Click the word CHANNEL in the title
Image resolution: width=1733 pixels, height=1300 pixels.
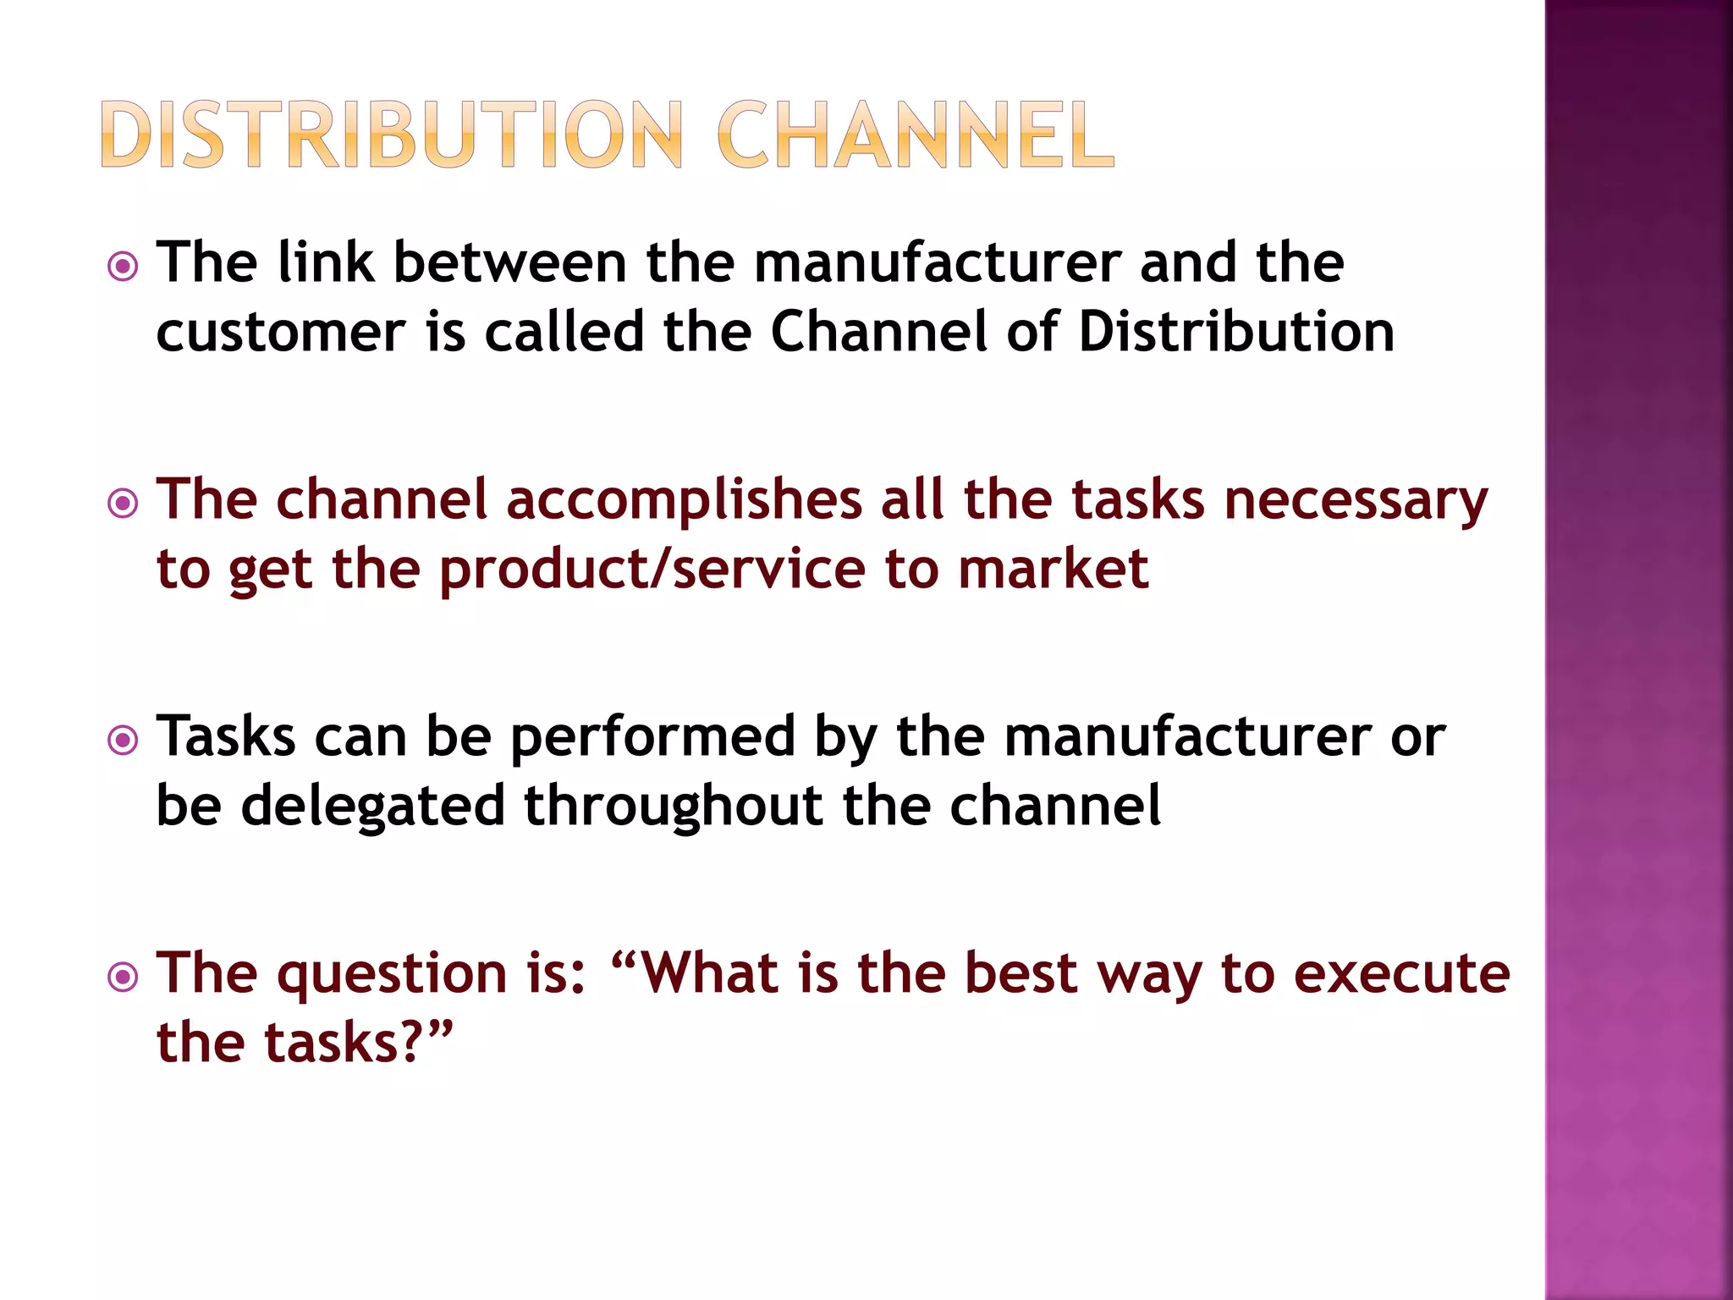pos(916,135)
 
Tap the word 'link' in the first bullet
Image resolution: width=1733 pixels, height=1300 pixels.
pos(326,262)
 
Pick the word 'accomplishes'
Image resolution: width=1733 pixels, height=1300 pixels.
pos(683,501)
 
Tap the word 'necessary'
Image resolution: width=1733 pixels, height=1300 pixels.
pos(1356,501)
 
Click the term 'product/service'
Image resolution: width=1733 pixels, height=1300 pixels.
pos(652,570)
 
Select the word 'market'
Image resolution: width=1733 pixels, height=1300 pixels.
pos(1054,569)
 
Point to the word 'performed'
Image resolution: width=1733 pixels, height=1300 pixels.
pos(652,738)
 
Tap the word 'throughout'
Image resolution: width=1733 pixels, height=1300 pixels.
pos(674,807)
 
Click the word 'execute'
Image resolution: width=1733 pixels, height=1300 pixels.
pos(1402,973)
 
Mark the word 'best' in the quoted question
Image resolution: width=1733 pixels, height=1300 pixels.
pos(1021,973)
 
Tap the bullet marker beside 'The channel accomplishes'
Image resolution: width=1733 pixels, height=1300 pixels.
pos(124,504)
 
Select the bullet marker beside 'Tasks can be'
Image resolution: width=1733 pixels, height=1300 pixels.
pos(124,741)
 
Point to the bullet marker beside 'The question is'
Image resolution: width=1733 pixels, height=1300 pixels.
pos(124,978)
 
